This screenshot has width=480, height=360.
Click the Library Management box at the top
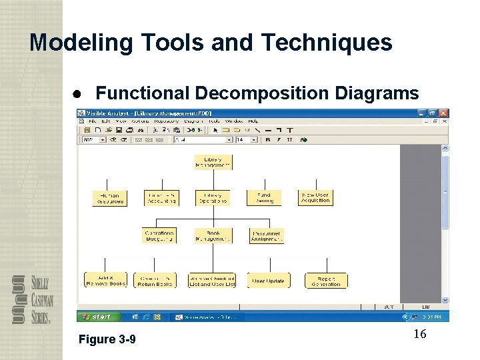213,162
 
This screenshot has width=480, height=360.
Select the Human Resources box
109,198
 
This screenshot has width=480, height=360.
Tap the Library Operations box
213,198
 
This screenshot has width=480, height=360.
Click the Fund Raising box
265,198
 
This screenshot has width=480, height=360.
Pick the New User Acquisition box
315,197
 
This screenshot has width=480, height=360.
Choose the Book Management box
213,236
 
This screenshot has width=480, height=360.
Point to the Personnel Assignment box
266,236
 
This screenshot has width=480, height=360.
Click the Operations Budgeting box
159,236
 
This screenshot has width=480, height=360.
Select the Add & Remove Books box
105,280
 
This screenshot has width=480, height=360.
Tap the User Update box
268,281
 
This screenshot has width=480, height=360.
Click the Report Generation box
326,281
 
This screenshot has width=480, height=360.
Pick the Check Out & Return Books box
155,281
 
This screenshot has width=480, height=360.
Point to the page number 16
419,334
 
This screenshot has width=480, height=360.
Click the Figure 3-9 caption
107,339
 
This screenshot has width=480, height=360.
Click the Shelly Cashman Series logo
31,299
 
